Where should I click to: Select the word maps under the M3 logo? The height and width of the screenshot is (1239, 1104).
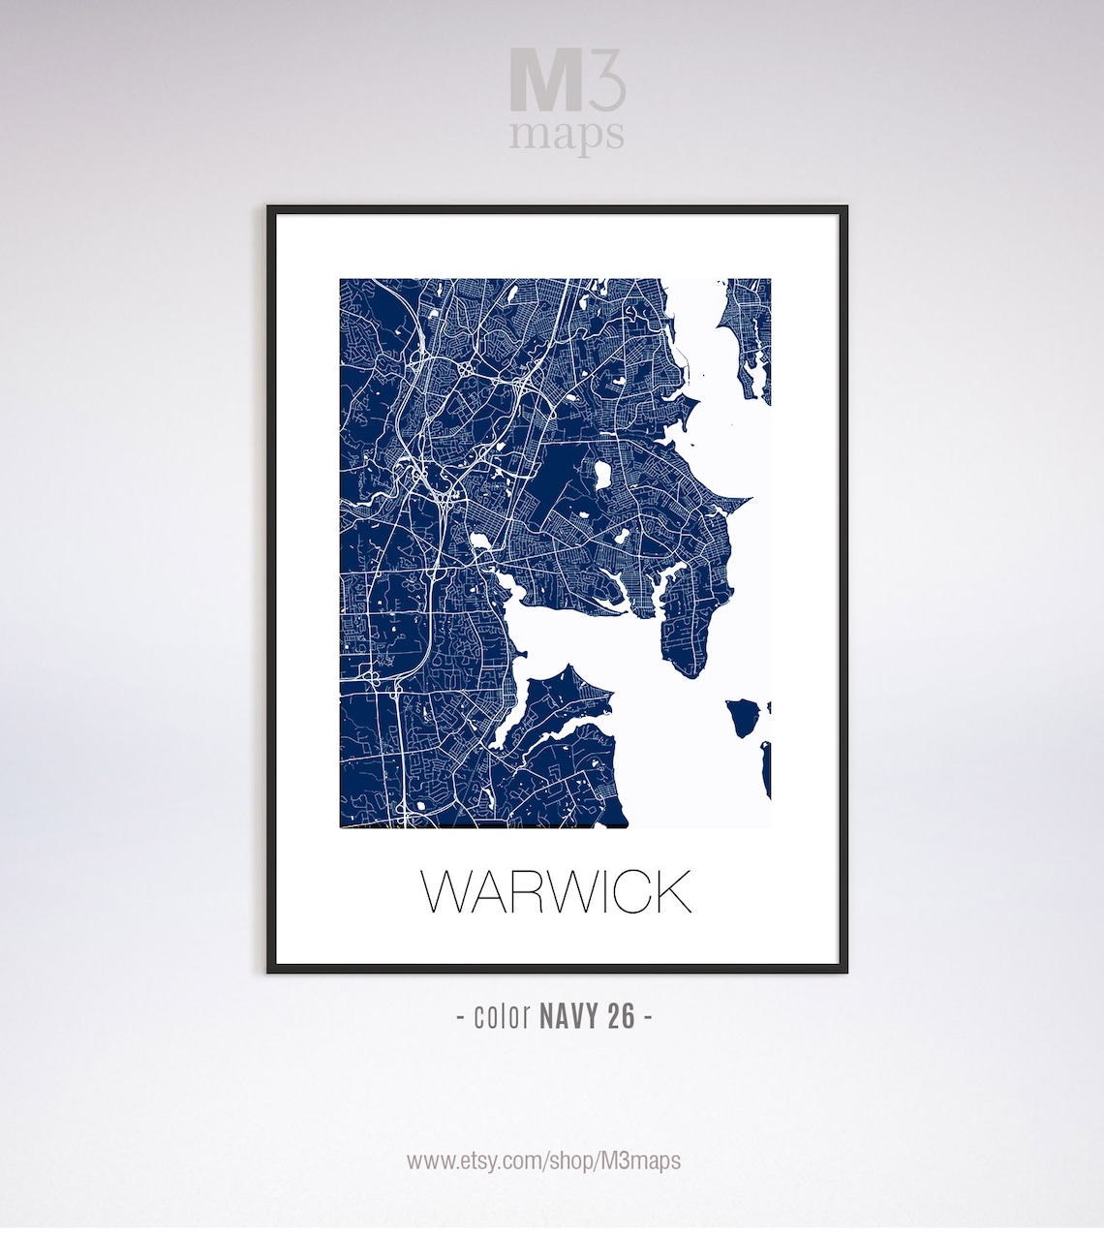(x=567, y=135)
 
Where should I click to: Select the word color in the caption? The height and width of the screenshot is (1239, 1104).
(x=502, y=1016)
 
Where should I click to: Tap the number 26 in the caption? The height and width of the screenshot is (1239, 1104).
(x=622, y=1016)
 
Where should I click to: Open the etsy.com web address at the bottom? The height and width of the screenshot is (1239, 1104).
(x=543, y=1161)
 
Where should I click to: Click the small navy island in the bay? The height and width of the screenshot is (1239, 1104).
(x=744, y=717)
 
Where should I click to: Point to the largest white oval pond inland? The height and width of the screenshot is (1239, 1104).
(x=601, y=475)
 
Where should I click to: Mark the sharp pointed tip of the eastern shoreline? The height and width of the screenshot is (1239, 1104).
(x=749, y=501)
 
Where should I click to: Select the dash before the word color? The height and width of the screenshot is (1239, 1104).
(x=459, y=1017)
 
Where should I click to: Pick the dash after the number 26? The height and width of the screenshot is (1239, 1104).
(x=647, y=1017)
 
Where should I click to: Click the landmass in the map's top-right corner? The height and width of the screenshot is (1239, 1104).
(x=751, y=329)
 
